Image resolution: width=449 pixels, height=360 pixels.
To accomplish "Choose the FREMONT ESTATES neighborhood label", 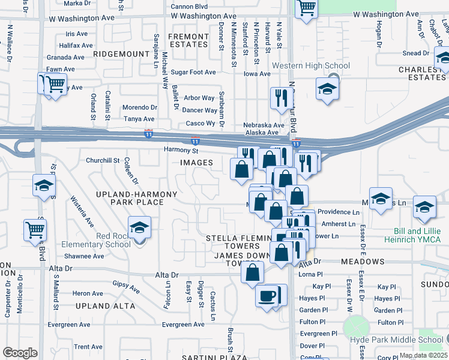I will (188, 41).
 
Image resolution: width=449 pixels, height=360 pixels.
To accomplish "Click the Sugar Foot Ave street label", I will (193, 73).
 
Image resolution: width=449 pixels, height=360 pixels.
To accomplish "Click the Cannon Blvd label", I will (188, 7).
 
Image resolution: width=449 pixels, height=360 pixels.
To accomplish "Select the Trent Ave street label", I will (88, 347).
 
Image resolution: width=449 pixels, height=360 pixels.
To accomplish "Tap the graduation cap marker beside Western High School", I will (327, 89).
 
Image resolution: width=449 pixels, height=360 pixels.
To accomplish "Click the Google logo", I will (20, 353).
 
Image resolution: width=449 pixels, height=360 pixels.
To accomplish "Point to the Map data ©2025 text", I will (423, 355).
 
